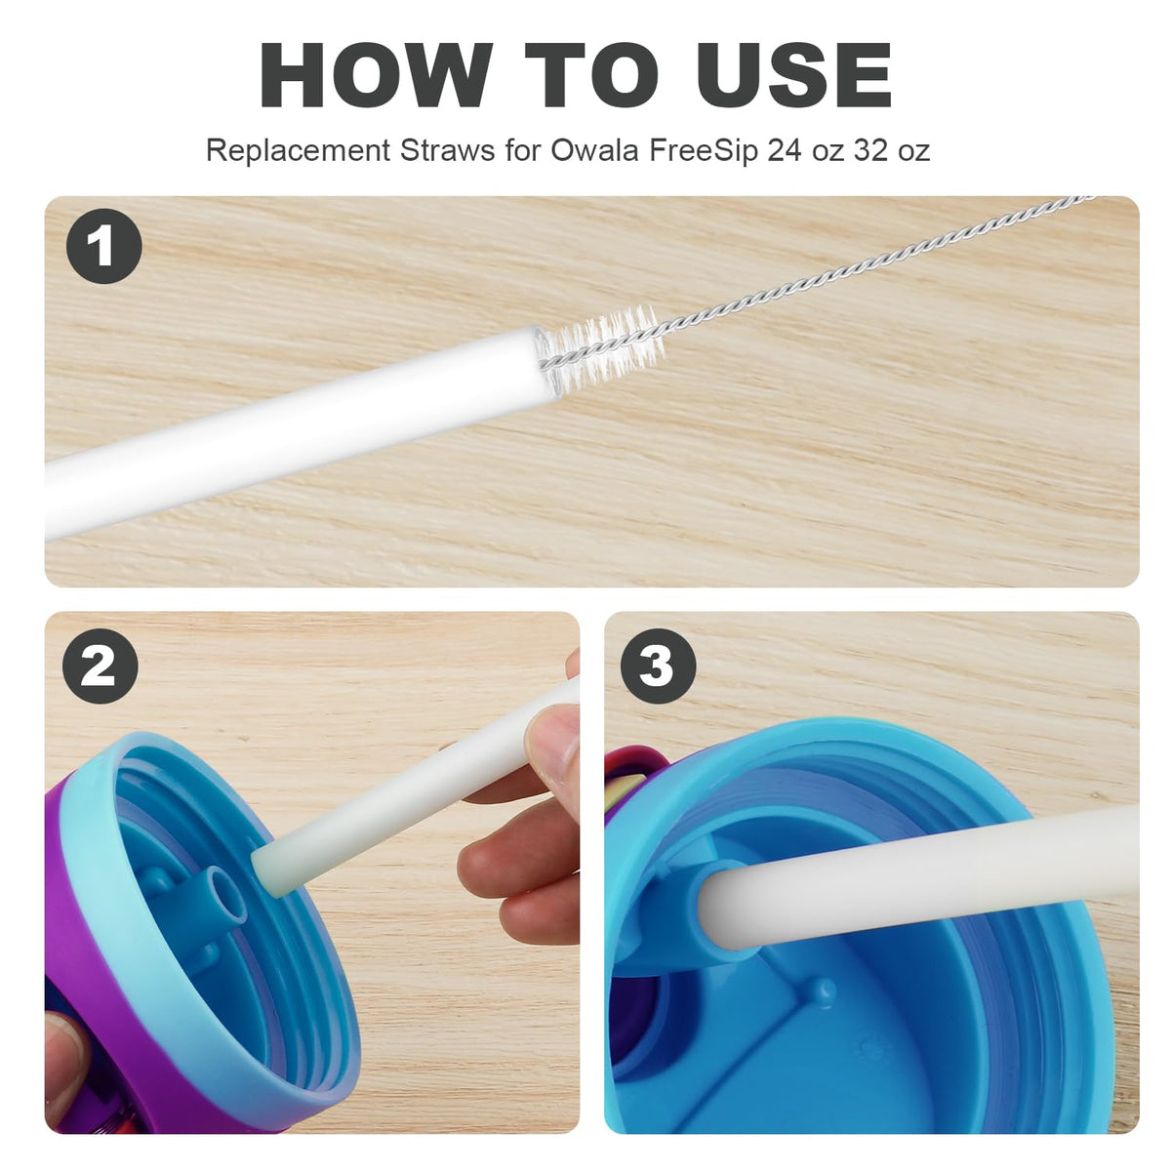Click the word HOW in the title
tap(376, 75)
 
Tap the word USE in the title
tap(795, 75)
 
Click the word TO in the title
tap(592, 75)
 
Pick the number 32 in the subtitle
tap(871, 150)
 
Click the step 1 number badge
tap(103, 246)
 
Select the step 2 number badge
tap(101, 666)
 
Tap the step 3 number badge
tap(658, 666)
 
